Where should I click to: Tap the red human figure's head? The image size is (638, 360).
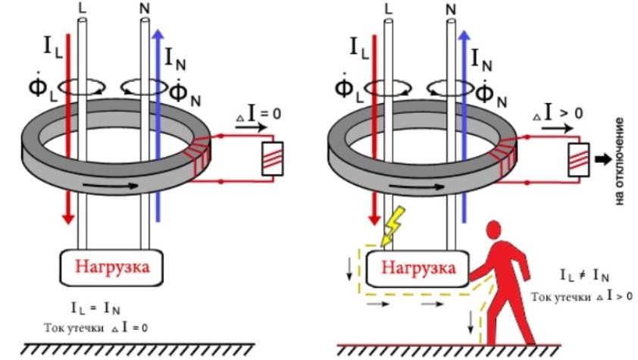496,231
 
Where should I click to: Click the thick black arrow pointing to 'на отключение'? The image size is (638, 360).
603,159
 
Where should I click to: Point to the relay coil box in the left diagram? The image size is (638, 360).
270,159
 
